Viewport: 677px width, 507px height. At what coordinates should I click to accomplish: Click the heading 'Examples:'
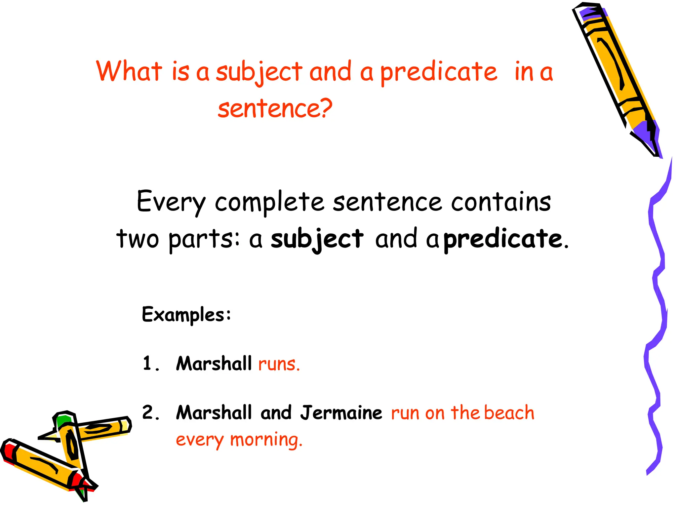[186, 315]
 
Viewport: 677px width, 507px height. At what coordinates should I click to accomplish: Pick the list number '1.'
[151, 364]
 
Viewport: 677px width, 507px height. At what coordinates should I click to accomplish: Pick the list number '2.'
[151, 413]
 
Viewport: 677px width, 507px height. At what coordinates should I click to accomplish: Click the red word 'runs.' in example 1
[279, 364]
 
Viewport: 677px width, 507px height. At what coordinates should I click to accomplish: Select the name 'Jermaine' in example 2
[341, 413]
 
